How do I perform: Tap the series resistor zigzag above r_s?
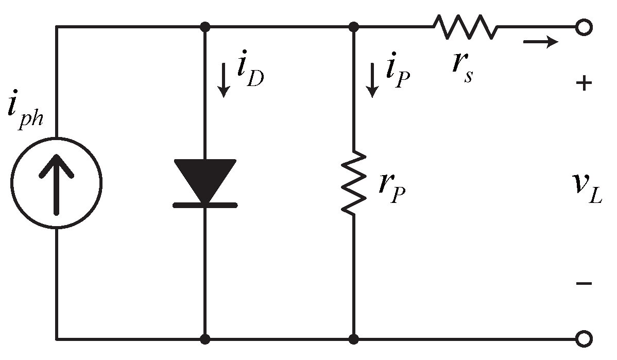tap(465, 26)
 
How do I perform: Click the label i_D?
tap(250, 76)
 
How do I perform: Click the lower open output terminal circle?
tap(583, 339)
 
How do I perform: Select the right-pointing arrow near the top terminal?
tap(541, 41)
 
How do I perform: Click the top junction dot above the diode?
tap(205, 26)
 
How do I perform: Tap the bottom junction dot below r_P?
tap(353, 339)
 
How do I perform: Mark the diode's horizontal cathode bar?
tap(205, 205)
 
